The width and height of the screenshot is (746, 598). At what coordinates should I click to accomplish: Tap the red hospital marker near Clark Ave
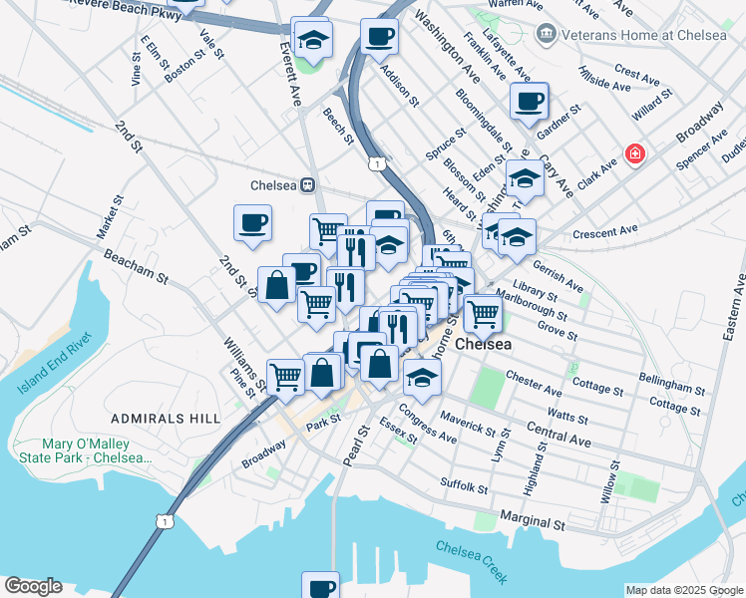[x=633, y=154]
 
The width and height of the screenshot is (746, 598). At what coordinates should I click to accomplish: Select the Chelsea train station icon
[x=309, y=184]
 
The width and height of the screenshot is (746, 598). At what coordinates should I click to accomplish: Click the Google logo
[x=33, y=586]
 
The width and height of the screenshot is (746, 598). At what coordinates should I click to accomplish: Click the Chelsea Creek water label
[x=472, y=561]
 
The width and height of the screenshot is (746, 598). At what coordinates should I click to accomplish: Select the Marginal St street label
[x=533, y=522]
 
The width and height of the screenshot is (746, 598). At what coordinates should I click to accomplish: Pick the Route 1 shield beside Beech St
[x=376, y=162]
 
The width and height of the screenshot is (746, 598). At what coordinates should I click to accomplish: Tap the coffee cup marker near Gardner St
[x=529, y=101]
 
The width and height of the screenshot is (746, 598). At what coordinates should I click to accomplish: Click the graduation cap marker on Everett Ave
[x=313, y=40]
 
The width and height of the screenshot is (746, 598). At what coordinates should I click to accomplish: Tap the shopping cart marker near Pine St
[x=285, y=376]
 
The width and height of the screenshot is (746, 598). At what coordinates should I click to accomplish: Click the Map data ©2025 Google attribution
[x=683, y=590]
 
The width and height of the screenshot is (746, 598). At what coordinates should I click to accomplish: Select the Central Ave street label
[x=559, y=437]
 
